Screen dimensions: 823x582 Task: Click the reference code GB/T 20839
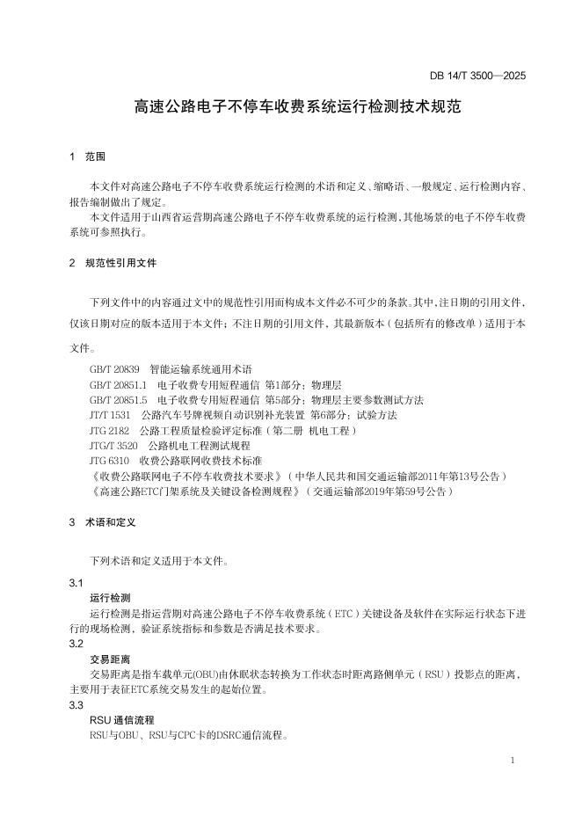115,369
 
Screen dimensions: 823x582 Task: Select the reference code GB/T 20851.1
120,384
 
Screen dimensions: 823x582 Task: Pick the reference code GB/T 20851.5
120,399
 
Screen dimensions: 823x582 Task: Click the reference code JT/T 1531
110,414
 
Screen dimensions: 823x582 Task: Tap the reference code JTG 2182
110,430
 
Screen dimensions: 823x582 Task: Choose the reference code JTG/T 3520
114,445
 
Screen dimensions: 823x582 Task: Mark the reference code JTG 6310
110,460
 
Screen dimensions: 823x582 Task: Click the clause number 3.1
76,584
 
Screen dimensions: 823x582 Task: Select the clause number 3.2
76,644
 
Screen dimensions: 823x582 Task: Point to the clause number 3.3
76,704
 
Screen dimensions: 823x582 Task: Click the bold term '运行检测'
110,598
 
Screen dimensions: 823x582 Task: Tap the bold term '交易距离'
110,659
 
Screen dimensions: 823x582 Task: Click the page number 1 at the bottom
513,759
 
